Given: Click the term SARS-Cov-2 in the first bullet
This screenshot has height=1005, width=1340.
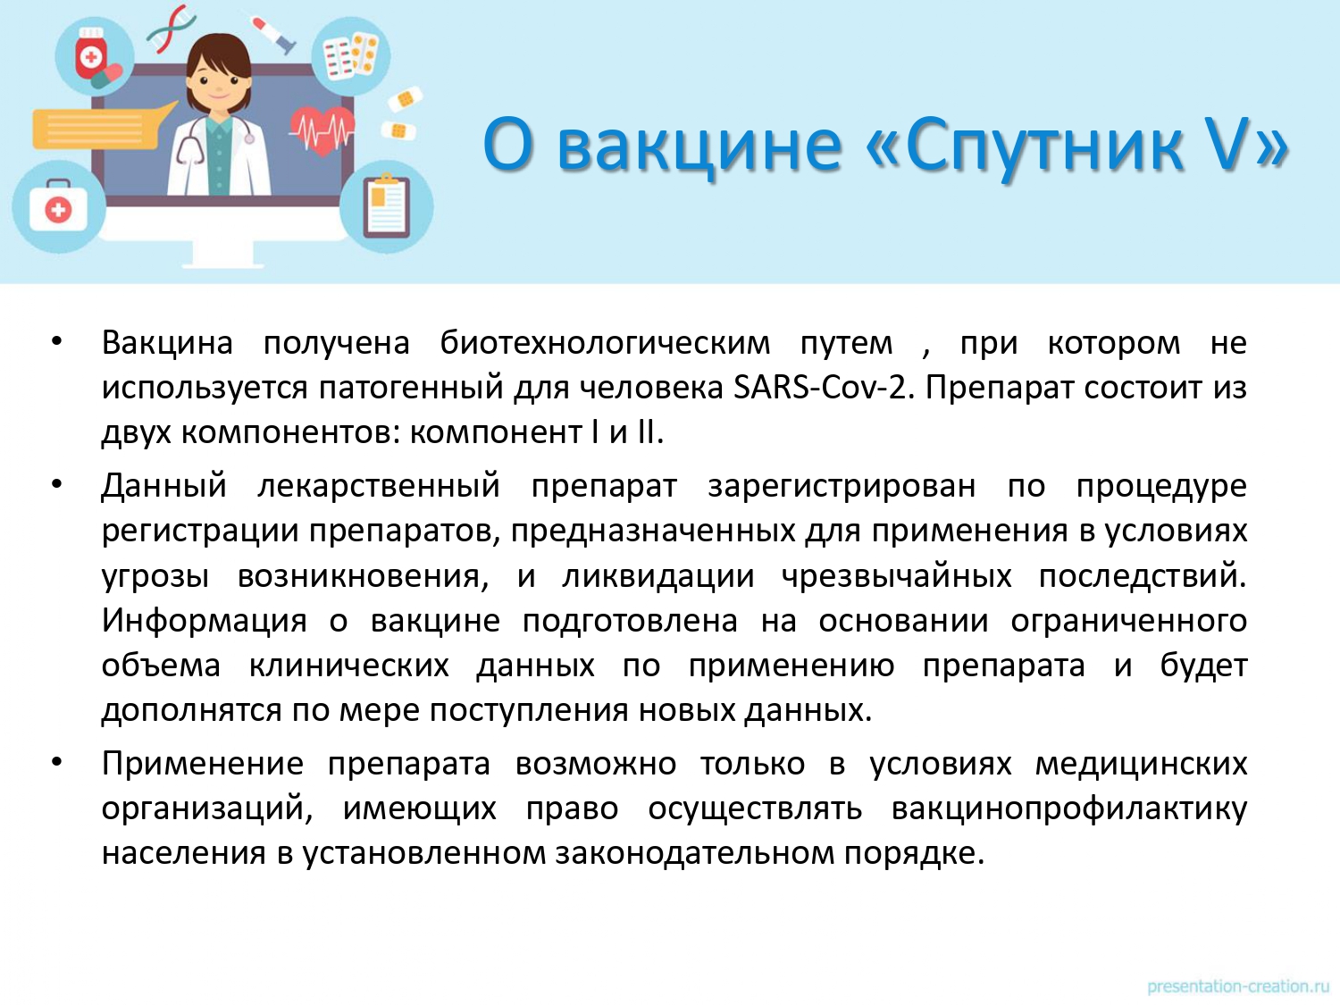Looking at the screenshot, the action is click(825, 388).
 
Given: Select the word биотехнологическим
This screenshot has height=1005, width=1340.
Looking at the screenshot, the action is click(605, 343).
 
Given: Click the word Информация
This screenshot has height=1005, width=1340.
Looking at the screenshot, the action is click(204, 622).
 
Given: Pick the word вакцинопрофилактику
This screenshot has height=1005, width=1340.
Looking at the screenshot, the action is click(1069, 809).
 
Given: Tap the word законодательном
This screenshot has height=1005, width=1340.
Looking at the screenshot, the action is click(695, 853).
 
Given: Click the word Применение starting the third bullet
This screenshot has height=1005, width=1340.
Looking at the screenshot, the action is click(202, 764).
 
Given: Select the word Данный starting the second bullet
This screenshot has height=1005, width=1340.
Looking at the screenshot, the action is click(163, 487).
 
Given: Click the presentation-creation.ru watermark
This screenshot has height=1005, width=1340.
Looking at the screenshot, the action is click(1238, 986).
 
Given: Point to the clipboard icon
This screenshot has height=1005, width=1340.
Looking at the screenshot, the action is click(387, 206).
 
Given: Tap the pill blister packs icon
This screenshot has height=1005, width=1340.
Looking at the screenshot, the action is click(350, 57).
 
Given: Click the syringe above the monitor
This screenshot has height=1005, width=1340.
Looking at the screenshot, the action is click(272, 34).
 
